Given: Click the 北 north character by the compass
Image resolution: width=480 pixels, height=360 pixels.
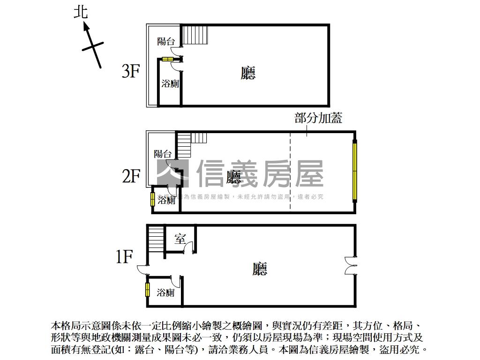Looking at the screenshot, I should (81, 12).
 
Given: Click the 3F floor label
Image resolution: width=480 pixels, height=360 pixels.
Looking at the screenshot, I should (131, 71).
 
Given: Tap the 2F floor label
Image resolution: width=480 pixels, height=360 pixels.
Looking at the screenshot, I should (131, 176).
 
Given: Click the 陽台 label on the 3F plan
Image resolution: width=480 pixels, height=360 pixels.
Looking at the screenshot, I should (166, 41).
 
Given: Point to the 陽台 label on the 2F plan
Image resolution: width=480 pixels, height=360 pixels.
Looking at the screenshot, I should (163, 154).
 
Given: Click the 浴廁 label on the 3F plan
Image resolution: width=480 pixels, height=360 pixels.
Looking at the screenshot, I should (170, 84).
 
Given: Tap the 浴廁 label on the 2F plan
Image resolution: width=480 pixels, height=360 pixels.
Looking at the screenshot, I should (166, 201).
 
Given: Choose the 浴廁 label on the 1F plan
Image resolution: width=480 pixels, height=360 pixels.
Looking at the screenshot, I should (165, 293).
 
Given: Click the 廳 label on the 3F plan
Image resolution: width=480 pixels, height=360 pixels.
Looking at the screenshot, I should (248, 73).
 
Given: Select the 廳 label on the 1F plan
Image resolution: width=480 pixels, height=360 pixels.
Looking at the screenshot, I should (259, 269).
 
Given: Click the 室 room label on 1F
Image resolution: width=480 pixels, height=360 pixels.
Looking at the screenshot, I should (180, 239).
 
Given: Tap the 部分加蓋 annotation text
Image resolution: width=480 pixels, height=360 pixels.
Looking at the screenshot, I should (318, 118).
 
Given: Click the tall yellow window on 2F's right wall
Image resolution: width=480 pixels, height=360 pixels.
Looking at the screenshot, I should (355, 172).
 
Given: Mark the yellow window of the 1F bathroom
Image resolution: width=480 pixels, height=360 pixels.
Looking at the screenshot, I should (147, 290).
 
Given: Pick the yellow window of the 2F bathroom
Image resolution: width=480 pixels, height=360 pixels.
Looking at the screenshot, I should (153, 199).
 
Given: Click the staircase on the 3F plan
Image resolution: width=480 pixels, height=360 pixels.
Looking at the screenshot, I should (195, 35).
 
